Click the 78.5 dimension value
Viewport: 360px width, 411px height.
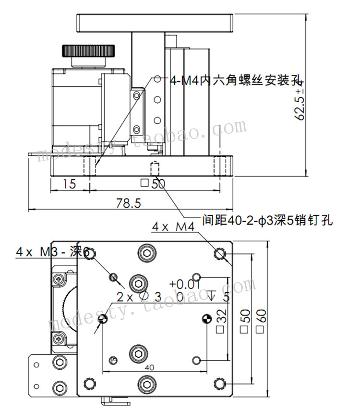coord(128,203)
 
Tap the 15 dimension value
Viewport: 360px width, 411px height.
coord(70,184)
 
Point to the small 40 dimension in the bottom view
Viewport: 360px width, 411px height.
coord(149,367)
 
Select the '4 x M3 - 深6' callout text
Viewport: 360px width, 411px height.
coord(53,251)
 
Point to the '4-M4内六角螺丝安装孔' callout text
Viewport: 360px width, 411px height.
coord(231,80)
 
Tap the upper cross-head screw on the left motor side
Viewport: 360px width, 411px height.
coord(59,278)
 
